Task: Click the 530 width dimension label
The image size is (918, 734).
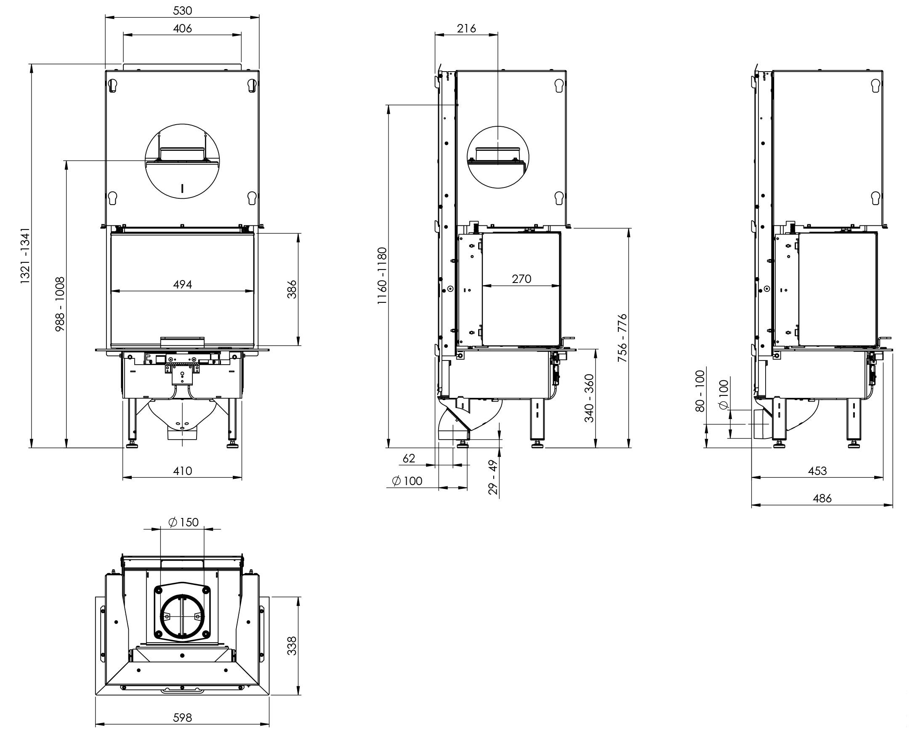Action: point(182,10)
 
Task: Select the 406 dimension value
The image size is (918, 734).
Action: point(182,28)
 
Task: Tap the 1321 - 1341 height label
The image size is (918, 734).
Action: point(26,256)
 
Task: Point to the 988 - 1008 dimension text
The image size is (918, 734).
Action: point(60,304)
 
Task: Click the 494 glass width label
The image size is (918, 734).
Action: point(182,284)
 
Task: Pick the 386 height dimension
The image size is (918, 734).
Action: point(292,289)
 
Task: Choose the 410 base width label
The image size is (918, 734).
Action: point(182,471)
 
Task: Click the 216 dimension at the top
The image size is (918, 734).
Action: point(466,28)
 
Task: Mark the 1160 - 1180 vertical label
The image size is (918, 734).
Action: point(382,276)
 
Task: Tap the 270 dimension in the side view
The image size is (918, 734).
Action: point(522,279)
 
